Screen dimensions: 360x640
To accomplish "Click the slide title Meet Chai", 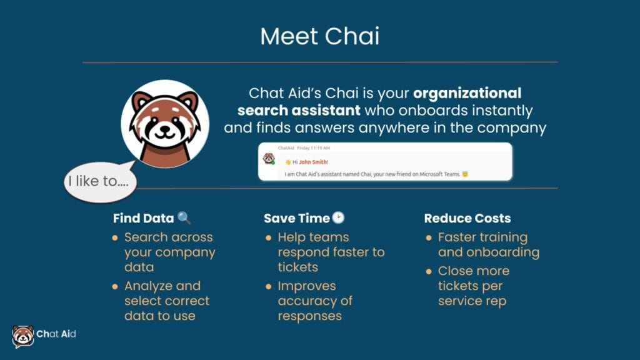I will click(319, 36).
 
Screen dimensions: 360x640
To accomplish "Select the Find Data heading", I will click(144, 218).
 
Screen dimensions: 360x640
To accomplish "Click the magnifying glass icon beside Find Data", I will click(184, 218).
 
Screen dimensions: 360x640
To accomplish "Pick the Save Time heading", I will click(296, 218).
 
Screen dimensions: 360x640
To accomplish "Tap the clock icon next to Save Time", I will click(338, 218).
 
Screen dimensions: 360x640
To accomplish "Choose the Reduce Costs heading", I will click(467, 218).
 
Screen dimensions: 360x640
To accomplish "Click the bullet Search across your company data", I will click(169, 252).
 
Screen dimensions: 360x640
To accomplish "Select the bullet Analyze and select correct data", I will click(167, 301).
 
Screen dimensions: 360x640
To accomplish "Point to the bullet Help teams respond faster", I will click(331, 252).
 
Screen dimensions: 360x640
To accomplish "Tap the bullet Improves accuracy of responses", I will click(316, 301).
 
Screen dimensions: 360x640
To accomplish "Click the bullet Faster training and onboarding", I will click(488, 244).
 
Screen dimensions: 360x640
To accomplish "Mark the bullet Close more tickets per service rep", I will click(474, 286).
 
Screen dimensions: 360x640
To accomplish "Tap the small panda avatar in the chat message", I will click(269, 159).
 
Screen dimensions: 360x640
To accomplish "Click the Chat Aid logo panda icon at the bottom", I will click(23, 336).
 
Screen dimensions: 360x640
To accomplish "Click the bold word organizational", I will click(467, 93).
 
